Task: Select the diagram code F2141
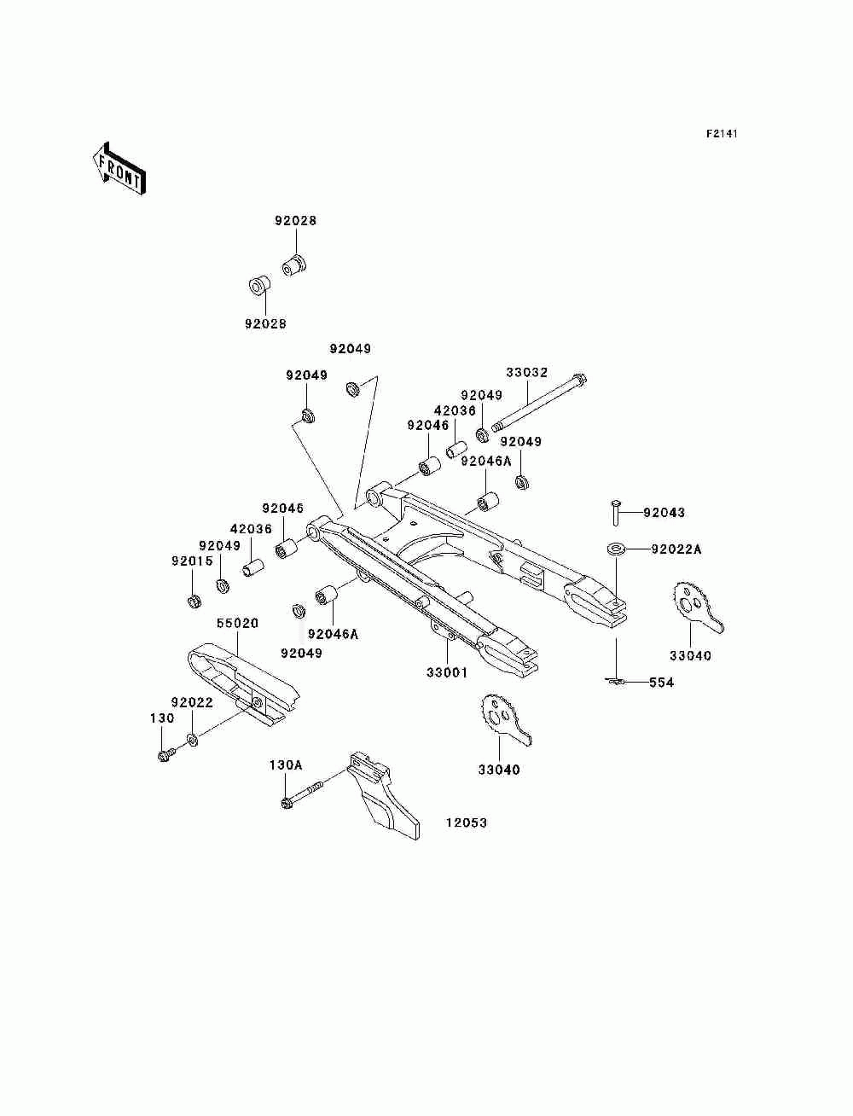point(721,134)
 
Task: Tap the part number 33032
point(527,373)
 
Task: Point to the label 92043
point(664,513)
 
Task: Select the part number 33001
point(447,672)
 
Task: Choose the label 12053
point(466,822)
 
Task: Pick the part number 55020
point(237,624)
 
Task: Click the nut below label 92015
point(194,601)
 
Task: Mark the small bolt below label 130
point(165,754)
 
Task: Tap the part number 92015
point(193,561)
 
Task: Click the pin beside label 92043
point(616,514)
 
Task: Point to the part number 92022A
point(676,549)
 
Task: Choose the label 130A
point(286,765)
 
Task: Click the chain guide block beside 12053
point(383,797)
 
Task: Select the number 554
point(661,683)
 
